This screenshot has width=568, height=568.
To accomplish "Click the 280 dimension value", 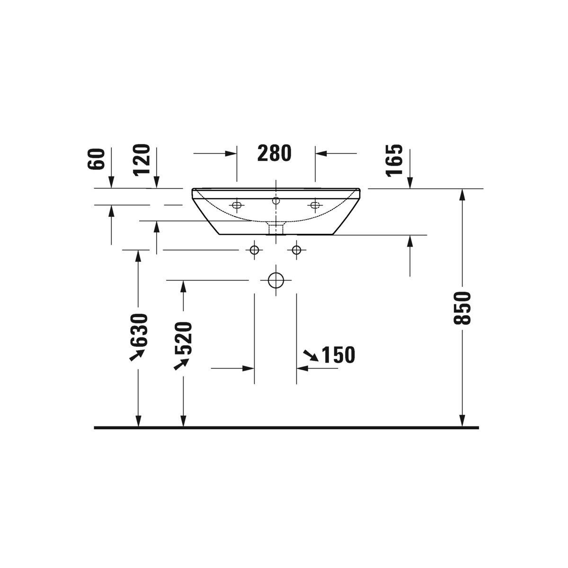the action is [x=274, y=153].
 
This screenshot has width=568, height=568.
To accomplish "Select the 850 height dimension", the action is [x=462, y=308].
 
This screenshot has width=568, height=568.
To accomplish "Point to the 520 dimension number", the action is [x=183, y=338].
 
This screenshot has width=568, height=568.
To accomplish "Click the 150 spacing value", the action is [x=338, y=355].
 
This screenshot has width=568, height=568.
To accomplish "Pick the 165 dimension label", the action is [x=394, y=160].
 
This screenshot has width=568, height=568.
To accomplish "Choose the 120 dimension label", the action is [x=142, y=160].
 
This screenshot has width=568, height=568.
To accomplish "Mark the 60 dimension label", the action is [x=96, y=159].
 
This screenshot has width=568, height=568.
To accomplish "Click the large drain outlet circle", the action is [x=276, y=280].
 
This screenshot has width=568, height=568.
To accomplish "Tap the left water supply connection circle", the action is [x=254, y=250].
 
